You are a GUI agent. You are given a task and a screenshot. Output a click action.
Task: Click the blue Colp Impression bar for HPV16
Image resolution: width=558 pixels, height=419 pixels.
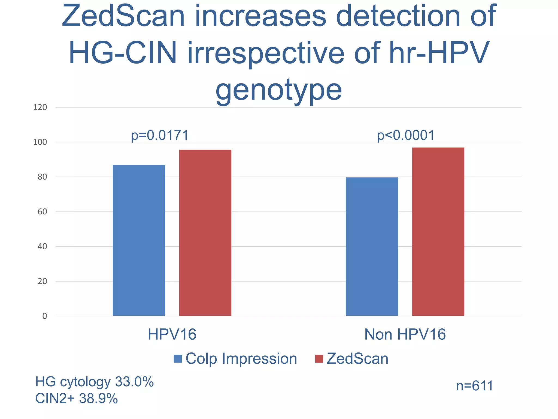(x=139, y=240)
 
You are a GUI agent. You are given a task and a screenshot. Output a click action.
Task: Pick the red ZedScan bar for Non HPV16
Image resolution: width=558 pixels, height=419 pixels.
(x=438, y=232)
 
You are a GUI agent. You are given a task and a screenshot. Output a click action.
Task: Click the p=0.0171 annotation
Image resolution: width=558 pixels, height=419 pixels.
(x=160, y=136)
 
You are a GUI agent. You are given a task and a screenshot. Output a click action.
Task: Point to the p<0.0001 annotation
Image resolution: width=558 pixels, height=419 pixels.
(x=406, y=136)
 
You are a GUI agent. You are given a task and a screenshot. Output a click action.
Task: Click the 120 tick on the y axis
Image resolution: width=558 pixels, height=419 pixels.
(x=40, y=107)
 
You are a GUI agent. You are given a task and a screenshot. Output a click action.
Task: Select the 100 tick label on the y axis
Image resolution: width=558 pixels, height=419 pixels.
(x=40, y=142)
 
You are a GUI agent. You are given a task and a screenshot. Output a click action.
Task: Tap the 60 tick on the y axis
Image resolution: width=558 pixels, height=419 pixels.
(x=42, y=212)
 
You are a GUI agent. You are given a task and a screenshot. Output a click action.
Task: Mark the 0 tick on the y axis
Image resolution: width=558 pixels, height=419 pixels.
(x=45, y=316)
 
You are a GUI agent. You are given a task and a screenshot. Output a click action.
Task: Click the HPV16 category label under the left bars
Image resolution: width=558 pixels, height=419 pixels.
(x=172, y=334)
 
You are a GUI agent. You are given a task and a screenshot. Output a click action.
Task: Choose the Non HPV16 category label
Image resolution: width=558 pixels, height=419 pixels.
(x=405, y=334)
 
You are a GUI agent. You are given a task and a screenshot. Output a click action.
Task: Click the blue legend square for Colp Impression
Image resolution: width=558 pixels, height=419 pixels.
(x=178, y=359)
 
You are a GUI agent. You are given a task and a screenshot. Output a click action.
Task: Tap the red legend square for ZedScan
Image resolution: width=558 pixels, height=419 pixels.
(x=319, y=359)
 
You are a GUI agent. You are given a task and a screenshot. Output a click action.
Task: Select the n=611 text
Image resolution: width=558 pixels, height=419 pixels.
(x=475, y=386)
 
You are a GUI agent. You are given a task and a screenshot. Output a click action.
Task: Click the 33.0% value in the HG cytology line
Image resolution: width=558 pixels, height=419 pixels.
(x=134, y=382)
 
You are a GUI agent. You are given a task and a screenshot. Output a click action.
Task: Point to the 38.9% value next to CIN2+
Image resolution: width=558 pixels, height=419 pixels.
(x=98, y=399)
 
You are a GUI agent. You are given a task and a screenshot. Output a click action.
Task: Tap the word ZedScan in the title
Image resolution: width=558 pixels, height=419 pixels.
(x=123, y=16)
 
